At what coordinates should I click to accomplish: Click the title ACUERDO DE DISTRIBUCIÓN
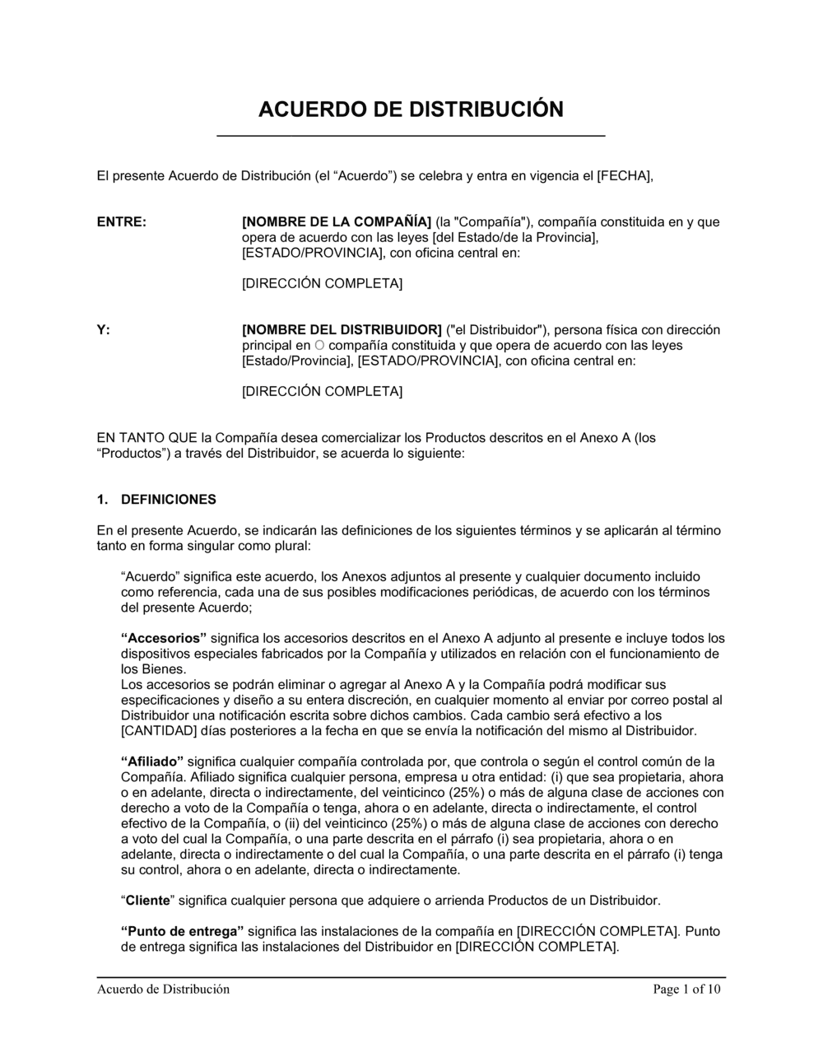411,109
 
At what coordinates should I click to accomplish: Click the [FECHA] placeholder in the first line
624,175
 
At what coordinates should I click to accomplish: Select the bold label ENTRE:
122,222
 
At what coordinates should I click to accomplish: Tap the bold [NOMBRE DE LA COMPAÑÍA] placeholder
336,222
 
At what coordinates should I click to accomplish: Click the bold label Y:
104,330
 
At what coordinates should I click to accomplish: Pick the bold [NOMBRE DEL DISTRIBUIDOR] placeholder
342,330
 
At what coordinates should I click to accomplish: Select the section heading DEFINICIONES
168,500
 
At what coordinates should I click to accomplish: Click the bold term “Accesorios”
164,638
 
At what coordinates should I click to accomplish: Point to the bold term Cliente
147,901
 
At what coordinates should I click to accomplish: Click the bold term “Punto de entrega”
183,932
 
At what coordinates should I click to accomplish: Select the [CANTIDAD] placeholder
154,730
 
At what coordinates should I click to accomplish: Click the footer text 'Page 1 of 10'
686,990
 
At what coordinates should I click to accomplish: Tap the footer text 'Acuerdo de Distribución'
163,990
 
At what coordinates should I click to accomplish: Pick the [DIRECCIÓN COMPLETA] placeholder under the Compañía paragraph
322,284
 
